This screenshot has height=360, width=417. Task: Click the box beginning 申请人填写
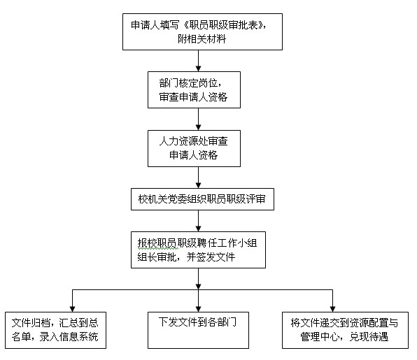202,32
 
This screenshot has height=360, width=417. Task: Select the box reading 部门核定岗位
194,89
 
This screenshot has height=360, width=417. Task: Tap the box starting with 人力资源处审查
194,148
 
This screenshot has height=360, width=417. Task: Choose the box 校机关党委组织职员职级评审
202,199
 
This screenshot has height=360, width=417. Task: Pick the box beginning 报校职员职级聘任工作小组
198,250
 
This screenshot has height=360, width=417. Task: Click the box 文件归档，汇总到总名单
55,330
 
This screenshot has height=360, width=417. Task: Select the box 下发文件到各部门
199,330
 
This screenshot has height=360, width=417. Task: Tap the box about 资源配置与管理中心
345,330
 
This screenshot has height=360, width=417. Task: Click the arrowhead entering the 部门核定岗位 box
199,69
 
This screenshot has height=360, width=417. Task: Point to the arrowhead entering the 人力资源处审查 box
199,127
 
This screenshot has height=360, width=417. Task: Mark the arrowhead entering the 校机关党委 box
199,185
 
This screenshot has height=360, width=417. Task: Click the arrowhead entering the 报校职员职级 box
199,229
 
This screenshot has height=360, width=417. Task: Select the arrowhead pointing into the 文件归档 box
72,309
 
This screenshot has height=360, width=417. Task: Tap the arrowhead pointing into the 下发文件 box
199,309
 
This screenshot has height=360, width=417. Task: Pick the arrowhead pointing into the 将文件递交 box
333,309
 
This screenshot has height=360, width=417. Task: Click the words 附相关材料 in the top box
202,39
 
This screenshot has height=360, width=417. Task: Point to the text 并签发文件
211,257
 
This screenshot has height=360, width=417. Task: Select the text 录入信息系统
69,337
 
